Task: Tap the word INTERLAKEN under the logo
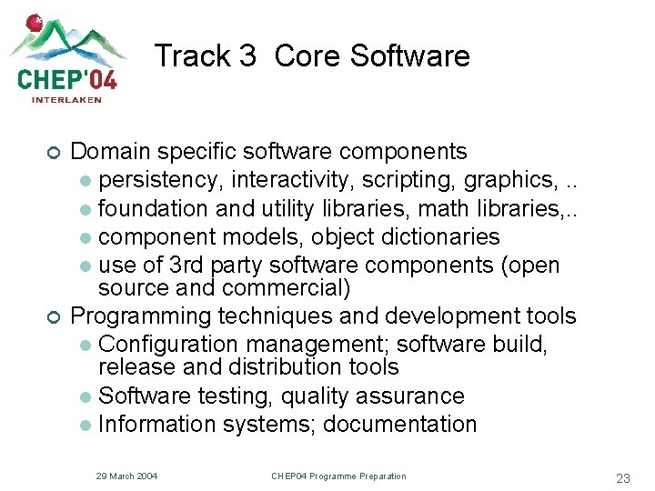tap(66, 100)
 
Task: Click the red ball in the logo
tap(35, 22)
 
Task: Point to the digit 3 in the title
tap(247, 56)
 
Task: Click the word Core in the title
tap(306, 56)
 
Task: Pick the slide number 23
tap(623, 478)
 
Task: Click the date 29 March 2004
tap(127, 476)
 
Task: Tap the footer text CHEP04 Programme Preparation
tap(338, 476)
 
